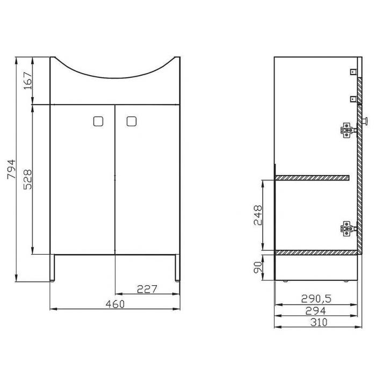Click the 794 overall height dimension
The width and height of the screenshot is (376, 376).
point(11,169)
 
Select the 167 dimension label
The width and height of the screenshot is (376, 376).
point(28,81)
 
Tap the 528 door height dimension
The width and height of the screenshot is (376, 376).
point(27,179)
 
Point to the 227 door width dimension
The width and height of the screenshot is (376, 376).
point(147,289)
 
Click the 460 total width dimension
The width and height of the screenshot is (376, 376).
point(115,304)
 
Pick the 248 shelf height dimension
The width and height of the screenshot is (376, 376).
point(258,215)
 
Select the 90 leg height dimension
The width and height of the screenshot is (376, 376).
point(258,267)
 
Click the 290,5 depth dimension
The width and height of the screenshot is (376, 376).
point(316,299)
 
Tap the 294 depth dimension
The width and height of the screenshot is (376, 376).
point(316,311)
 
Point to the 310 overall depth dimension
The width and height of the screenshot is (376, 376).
point(319,322)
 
